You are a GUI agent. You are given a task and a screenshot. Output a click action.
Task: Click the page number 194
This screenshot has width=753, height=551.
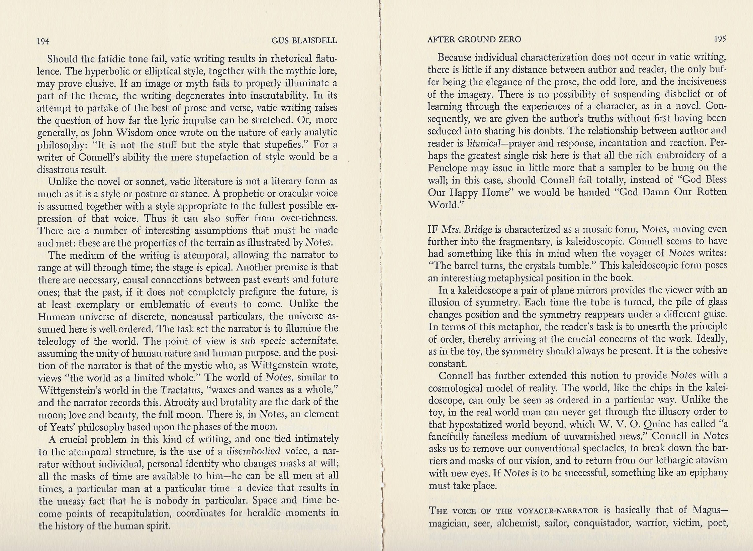pyautogui.click(x=43, y=41)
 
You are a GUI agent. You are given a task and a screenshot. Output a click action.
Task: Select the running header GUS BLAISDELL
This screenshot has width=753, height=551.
pyautogui.click(x=304, y=41)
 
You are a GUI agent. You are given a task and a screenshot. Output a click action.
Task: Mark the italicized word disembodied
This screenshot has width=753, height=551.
pyautogui.click(x=253, y=451)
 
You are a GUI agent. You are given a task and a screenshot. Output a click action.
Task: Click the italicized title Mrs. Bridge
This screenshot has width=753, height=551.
pyautogui.click(x=467, y=229)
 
